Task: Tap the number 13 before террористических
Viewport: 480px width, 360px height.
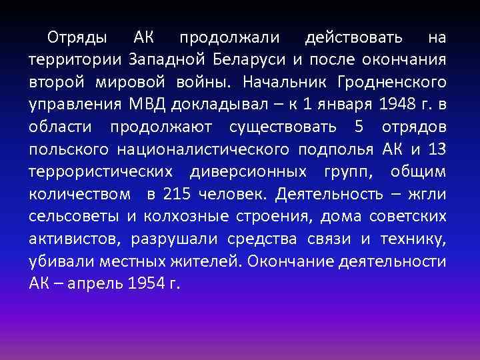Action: (x=433, y=149)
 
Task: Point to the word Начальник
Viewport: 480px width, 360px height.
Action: (x=283, y=83)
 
